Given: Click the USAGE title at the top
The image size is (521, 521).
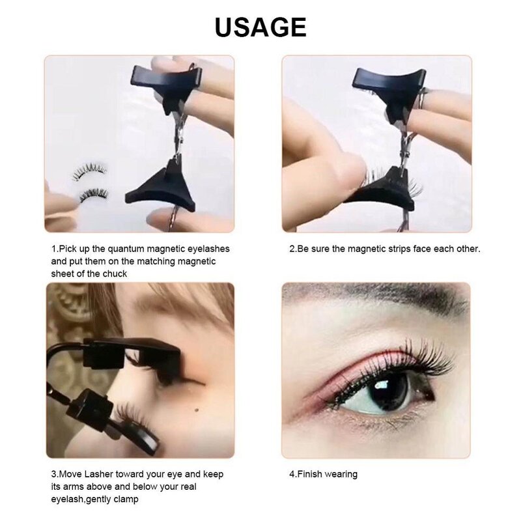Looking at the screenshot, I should click(260, 27).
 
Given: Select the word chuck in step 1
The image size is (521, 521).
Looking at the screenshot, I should click(113, 274).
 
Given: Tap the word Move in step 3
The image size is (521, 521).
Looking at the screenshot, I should click(70, 474).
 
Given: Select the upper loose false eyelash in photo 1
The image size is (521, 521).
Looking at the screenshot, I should click(89, 172).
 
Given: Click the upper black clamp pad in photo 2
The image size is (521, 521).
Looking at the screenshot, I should click(387, 81).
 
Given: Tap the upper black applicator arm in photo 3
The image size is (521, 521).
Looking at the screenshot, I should click(130, 355).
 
